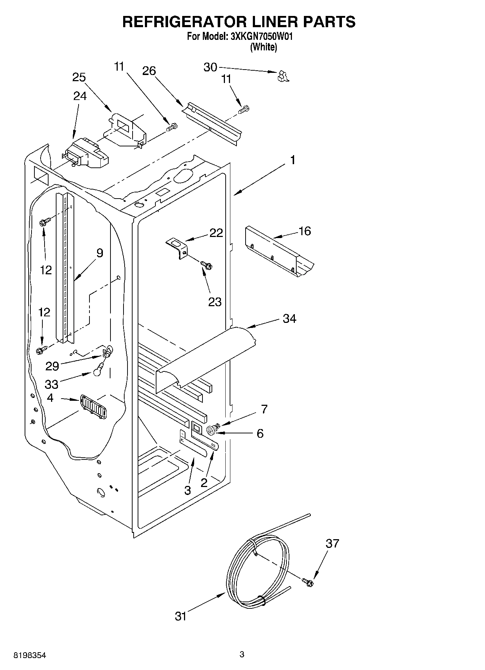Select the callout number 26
coord(149,71)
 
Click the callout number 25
coord(79,77)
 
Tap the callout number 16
coord(305,231)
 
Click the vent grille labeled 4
coord(93,407)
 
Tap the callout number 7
coord(264,409)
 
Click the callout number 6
coord(260,433)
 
